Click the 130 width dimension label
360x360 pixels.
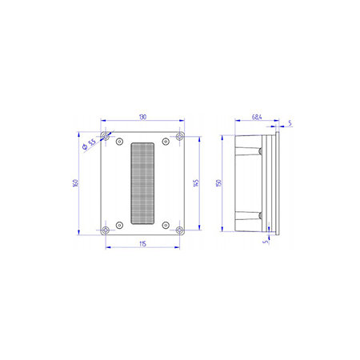142,117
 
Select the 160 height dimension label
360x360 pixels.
75,183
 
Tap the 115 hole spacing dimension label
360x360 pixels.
142,244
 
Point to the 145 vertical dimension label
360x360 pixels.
196,183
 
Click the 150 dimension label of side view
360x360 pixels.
218,183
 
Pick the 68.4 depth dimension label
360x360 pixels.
257,117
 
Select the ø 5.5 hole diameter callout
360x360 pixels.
89,144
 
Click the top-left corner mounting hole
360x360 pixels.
106,137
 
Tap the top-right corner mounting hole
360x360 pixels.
180,137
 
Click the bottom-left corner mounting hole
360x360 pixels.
106,230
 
